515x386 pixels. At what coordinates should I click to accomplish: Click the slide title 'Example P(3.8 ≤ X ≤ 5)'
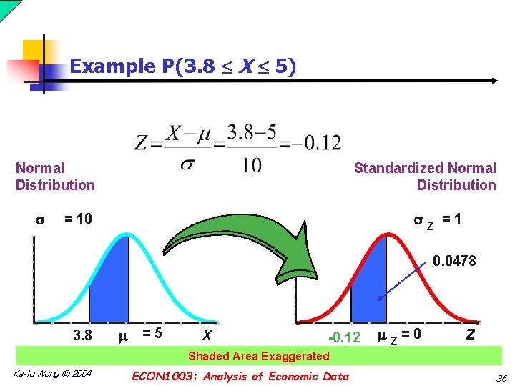tap(183, 66)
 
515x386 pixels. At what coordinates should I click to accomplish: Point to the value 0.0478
tap(454, 261)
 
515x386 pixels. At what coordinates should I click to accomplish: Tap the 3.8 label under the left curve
tap(83, 334)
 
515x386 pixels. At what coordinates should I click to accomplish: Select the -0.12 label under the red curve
tap(343, 337)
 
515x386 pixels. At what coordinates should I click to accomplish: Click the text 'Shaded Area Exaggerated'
tap(258, 356)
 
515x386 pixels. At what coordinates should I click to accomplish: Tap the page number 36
tap(501, 378)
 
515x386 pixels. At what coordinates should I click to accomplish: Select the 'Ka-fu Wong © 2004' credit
tap(52, 373)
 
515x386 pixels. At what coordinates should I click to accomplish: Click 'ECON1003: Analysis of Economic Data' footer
tap(241, 376)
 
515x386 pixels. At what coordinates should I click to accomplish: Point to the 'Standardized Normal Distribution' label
tap(425, 177)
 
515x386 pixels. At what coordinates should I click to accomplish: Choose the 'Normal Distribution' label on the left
tap(55, 177)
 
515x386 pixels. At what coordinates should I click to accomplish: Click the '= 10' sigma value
tap(78, 219)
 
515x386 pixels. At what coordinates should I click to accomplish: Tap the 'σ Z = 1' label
tap(438, 221)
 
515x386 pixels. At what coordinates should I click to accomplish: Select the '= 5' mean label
tap(152, 333)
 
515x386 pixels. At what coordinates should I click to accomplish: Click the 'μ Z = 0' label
tap(398, 334)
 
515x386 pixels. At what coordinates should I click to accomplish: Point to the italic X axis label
tap(207, 335)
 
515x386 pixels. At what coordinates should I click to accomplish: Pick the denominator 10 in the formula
tap(251, 166)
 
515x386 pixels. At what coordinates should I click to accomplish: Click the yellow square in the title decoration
tap(36, 51)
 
